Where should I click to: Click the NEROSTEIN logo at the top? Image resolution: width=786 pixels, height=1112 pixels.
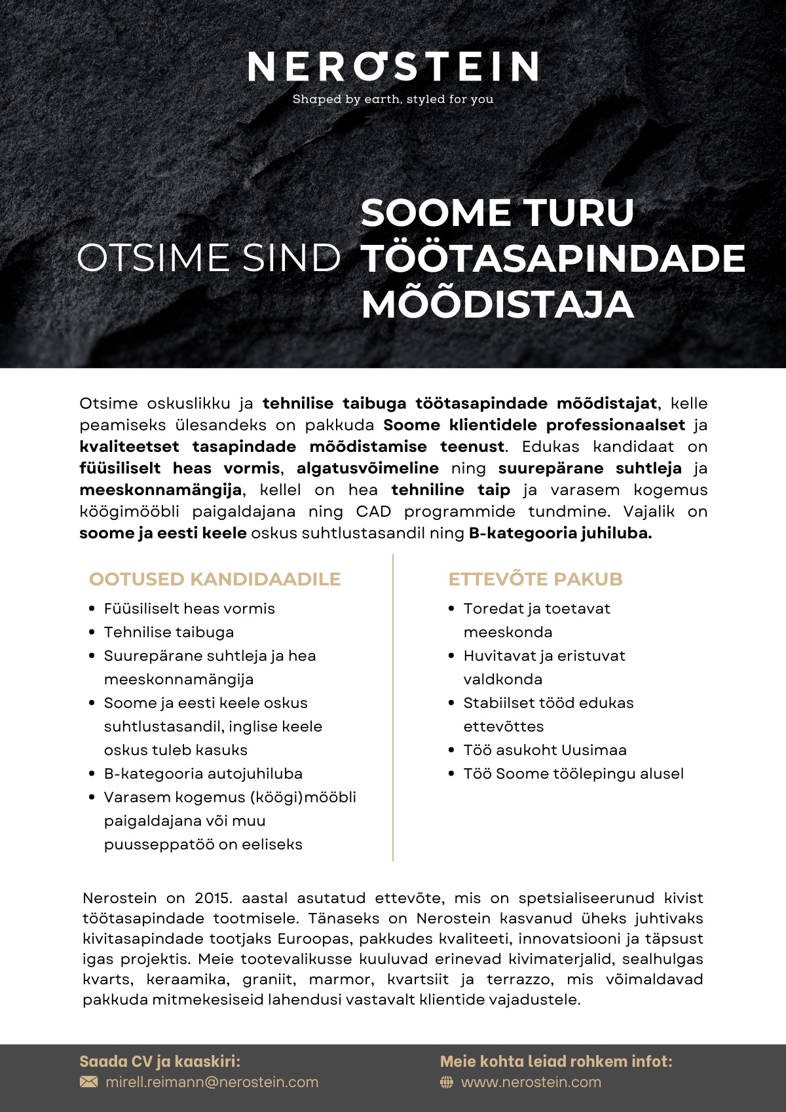tap(393, 66)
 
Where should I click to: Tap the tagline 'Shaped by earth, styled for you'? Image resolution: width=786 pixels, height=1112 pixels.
tap(393, 100)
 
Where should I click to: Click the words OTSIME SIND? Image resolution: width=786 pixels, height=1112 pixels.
tap(209, 258)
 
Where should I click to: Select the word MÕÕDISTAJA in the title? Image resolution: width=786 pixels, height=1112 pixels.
tap(497, 305)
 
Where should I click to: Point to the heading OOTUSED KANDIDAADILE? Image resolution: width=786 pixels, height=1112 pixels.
tap(215, 579)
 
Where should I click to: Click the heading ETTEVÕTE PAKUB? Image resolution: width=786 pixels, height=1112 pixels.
tap(535, 579)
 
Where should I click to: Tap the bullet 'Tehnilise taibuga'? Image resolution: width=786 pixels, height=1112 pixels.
tap(169, 632)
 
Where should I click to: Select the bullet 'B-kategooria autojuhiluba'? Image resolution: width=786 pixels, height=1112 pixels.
tap(203, 773)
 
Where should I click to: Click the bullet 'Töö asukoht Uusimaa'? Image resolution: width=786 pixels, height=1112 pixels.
tap(545, 750)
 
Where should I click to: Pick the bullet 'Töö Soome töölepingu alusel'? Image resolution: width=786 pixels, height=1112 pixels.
tap(573, 773)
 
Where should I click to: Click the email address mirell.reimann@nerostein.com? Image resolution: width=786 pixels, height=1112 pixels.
tap(212, 1082)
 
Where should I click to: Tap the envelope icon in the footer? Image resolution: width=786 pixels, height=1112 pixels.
tap(88, 1082)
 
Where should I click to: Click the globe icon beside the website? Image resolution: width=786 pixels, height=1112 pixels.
tap(447, 1083)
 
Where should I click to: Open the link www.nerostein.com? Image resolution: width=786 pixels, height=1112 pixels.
tap(531, 1082)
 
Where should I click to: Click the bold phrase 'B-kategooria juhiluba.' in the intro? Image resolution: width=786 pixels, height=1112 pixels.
tap(560, 533)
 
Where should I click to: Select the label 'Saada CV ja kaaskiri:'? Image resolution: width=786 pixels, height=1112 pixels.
tap(160, 1062)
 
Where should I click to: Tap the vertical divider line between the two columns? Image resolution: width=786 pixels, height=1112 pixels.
tap(393, 707)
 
